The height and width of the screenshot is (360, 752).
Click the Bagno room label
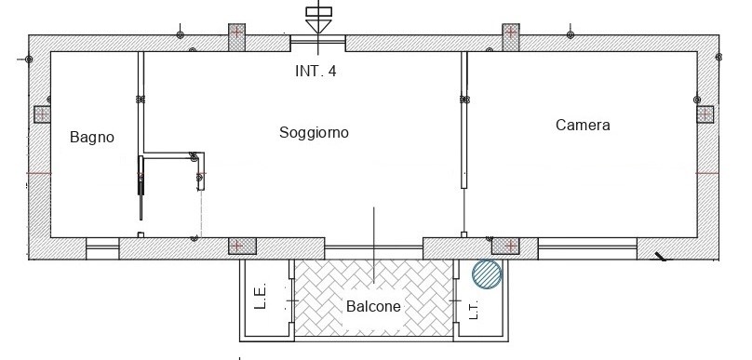click(91, 138)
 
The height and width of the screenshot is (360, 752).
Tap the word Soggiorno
click(314, 133)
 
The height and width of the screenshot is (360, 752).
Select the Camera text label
click(583, 125)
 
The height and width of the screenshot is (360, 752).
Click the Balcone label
click(373, 307)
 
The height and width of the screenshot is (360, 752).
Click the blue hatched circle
click(487, 274)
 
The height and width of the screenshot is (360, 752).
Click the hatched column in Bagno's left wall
click(41, 114)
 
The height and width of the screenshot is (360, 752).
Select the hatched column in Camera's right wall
click(705, 114)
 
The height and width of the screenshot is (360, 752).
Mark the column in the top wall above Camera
click(511, 35)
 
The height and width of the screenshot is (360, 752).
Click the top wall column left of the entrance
click(236, 35)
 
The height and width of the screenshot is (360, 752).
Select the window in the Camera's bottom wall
click(587, 247)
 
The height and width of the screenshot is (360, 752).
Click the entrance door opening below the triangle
click(317, 43)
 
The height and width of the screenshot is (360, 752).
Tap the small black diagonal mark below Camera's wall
click(660, 258)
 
